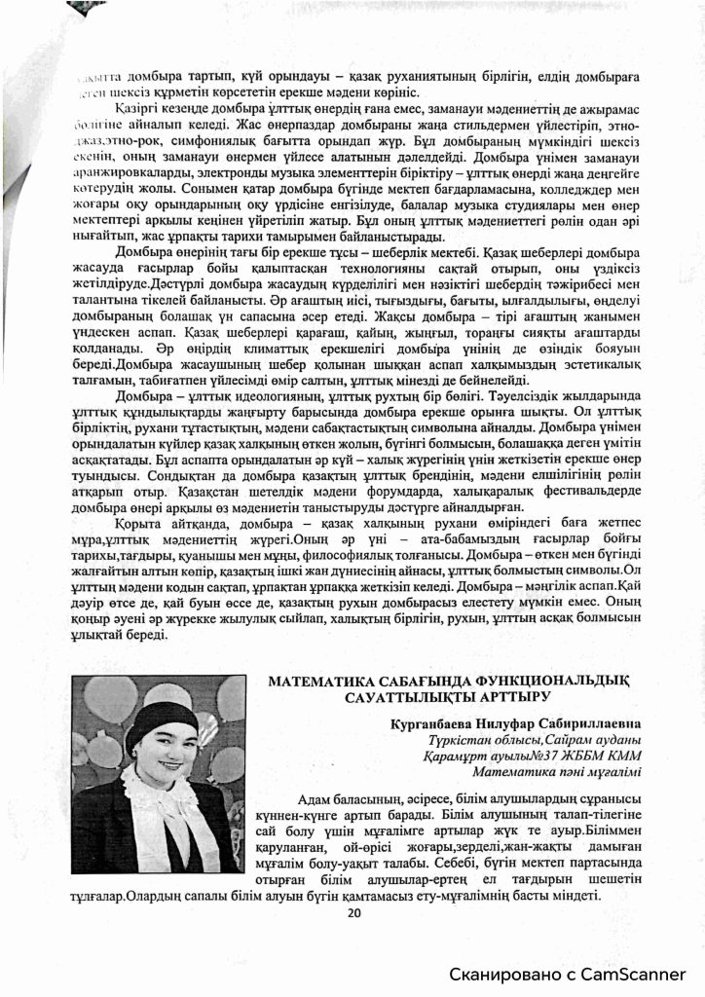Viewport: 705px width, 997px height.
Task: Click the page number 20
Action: coord(353,912)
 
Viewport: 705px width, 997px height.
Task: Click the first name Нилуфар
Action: coord(499,723)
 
